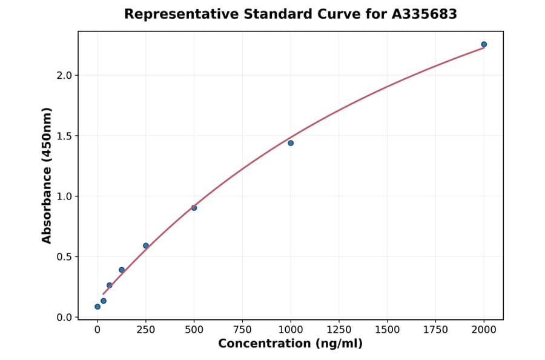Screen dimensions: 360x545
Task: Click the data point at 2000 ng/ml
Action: tap(484, 44)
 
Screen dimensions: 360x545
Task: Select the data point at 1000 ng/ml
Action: tap(291, 143)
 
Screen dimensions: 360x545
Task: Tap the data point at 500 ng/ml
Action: tap(194, 208)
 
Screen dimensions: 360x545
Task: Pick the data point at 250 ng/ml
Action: tap(146, 245)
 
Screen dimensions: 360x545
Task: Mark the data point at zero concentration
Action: tap(97, 307)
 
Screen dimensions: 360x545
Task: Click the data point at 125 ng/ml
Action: tap(122, 270)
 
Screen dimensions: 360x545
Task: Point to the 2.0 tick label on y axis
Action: tap(65, 75)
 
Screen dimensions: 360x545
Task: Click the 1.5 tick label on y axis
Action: tap(65, 136)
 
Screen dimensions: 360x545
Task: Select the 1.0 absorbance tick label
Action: tap(65, 196)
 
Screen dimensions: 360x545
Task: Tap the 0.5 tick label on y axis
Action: tap(65, 257)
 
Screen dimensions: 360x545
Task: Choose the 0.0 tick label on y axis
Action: tap(65, 318)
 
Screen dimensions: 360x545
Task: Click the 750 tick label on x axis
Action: tap(242, 330)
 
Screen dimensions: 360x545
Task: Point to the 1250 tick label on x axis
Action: tap(339, 330)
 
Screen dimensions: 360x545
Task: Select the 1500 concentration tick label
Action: tap(388, 330)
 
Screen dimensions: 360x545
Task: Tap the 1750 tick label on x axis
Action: tap(435, 330)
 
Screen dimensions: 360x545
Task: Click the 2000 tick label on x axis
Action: tap(484, 330)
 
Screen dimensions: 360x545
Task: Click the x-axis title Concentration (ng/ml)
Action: tap(290, 344)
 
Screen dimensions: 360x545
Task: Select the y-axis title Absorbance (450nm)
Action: tap(47, 175)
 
